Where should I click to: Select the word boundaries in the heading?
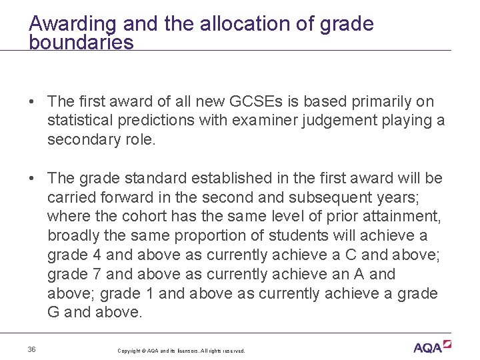81,43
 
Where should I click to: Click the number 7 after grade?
89,275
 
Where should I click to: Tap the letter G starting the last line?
53,313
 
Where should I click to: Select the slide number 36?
32,350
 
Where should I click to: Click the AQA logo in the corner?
432,347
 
